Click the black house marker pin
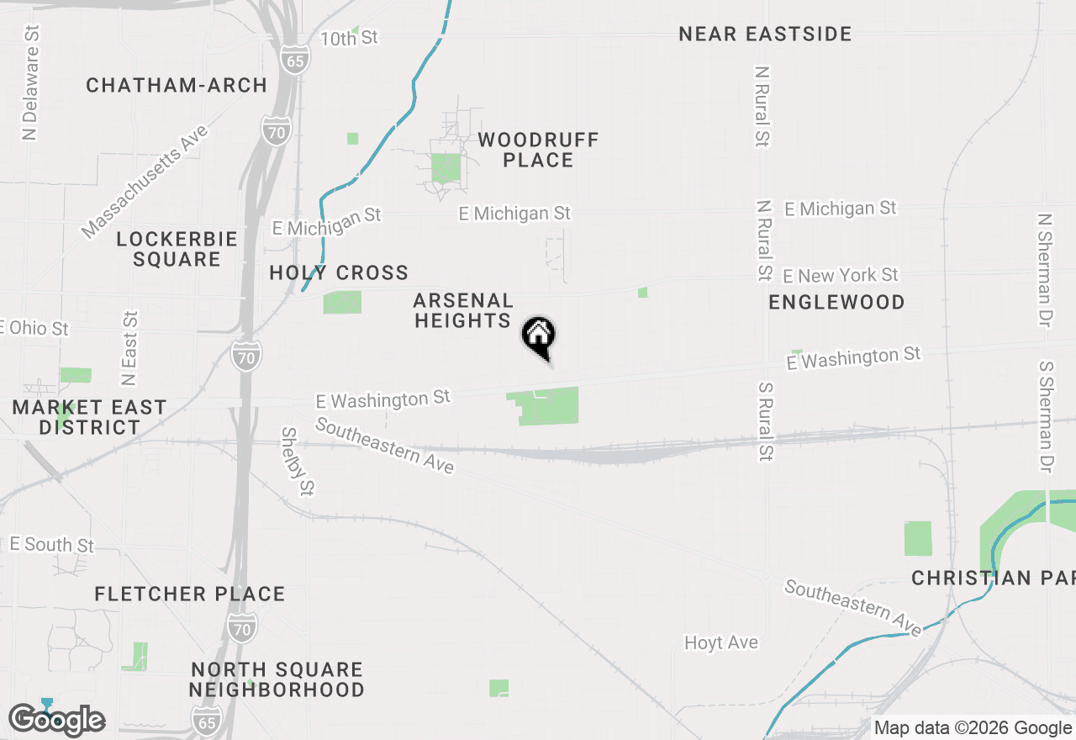point(539,337)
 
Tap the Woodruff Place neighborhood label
point(538,150)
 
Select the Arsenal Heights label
point(463,310)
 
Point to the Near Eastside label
point(765,34)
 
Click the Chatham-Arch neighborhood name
point(177,85)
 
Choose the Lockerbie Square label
point(177,249)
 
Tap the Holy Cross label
point(339,272)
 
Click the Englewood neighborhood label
point(836,302)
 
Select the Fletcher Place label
point(190,594)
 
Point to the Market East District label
point(89,417)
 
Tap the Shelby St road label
point(298,461)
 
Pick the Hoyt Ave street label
point(721,642)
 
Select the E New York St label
point(841,276)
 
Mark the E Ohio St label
point(35,328)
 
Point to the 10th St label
point(349,38)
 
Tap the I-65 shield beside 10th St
point(295,60)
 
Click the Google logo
point(56,720)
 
